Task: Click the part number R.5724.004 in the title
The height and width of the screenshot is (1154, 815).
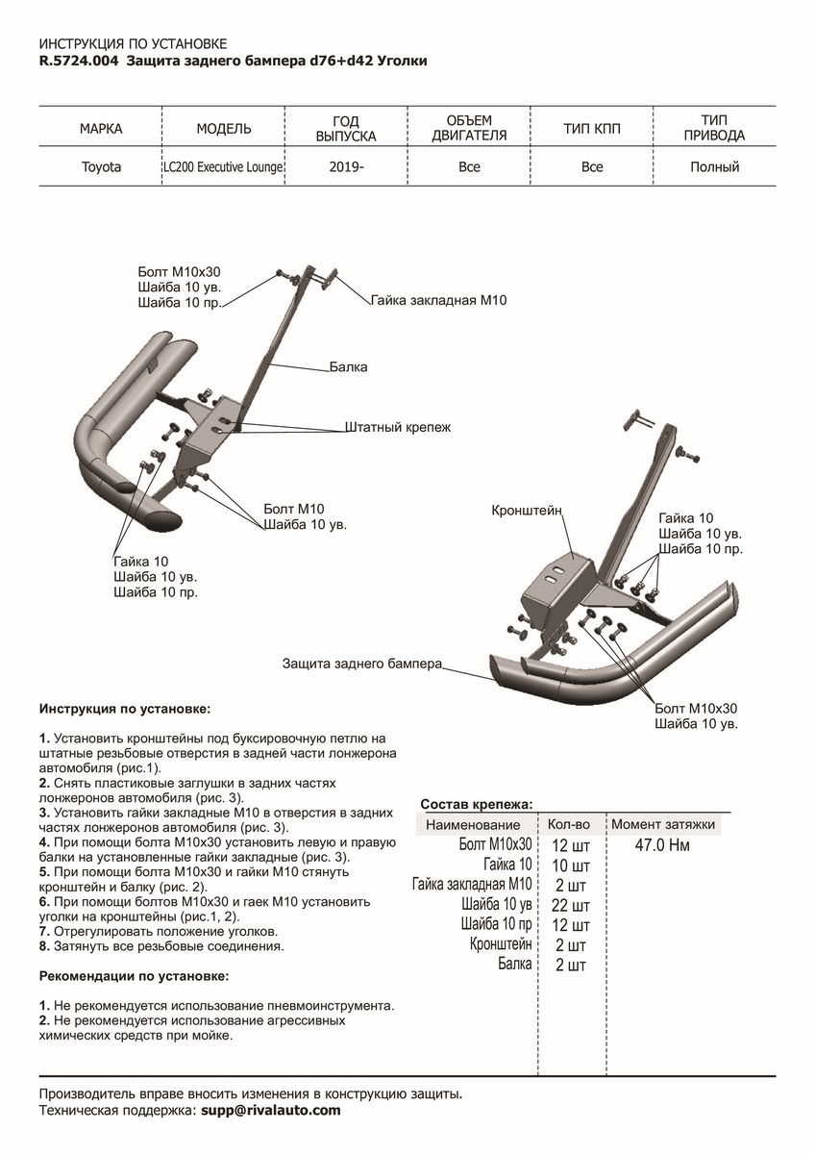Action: (78, 61)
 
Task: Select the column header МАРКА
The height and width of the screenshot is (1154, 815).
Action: (101, 128)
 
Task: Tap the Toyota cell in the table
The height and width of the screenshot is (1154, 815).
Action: (101, 167)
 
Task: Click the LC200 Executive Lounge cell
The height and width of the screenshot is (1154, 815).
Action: (223, 167)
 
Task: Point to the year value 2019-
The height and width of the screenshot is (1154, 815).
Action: (346, 167)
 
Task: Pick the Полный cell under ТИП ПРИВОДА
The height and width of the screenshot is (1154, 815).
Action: (714, 167)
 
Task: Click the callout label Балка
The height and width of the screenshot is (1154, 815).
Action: (348, 367)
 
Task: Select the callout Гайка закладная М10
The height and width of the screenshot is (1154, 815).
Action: (438, 301)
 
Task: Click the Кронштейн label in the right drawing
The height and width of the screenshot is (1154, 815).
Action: (527, 509)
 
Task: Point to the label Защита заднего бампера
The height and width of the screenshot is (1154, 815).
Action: (362, 664)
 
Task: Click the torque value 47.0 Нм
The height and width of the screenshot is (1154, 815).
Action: (663, 845)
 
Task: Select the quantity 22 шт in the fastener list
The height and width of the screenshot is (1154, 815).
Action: (571, 905)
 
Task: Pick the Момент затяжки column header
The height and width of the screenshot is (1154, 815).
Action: (663, 825)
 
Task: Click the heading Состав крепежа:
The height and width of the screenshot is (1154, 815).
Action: (477, 805)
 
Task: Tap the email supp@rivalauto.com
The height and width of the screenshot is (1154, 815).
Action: (270, 1110)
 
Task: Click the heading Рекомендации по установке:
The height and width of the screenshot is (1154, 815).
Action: (134, 975)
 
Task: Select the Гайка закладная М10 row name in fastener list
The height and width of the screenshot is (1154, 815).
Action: (471, 885)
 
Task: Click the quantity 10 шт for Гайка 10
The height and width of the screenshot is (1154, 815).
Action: (571, 865)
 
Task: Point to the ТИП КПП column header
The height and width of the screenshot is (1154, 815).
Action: (592, 128)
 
